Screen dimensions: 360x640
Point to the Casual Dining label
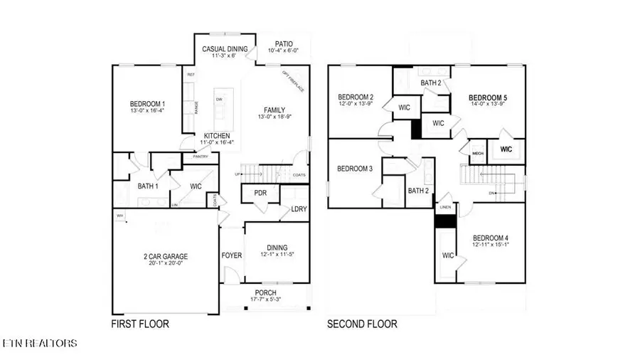[225, 49]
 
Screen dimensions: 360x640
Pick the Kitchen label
[216, 135]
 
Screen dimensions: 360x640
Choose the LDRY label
[299, 209]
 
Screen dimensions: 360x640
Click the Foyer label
[232, 255]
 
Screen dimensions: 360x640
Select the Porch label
[266, 292]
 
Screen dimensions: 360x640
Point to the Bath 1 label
[148, 187]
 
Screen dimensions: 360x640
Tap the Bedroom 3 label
[353, 169]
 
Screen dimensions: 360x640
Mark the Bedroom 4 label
[486, 238]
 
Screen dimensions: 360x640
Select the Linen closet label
[444, 208]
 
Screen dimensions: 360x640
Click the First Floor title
[139, 324]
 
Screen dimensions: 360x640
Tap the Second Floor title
[362, 324]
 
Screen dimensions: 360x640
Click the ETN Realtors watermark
[39, 344]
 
